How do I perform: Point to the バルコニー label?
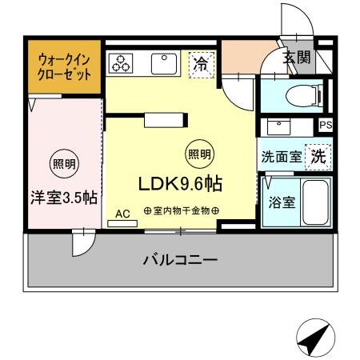click(x=180, y=260)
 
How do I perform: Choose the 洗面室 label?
click(x=281, y=157)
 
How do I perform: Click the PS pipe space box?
click(x=326, y=125)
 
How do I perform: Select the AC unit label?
click(x=122, y=214)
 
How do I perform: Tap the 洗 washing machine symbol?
click(x=319, y=157)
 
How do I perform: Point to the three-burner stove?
click(x=122, y=63)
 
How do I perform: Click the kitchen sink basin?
click(x=165, y=62)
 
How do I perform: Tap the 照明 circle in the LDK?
click(x=199, y=154)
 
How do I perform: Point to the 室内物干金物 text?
click(x=182, y=210)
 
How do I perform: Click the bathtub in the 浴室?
click(x=315, y=203)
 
